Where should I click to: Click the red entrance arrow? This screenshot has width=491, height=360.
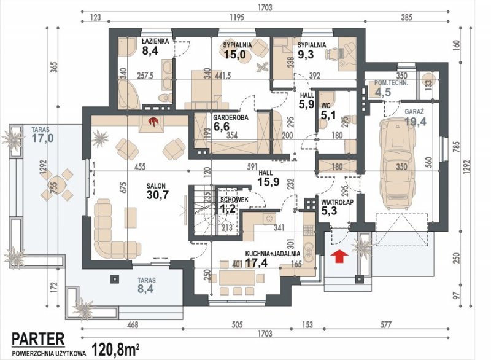click(x=339, y=256)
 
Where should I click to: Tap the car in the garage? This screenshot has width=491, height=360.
click(x=397, y=164)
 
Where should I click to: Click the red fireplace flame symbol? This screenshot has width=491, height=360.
click(x=153, y=121)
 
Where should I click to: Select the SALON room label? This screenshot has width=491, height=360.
click(x=156, y=186)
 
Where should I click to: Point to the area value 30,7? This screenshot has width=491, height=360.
click(x=158, y=195)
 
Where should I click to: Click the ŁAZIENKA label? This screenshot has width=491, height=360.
click(x=155, y=41)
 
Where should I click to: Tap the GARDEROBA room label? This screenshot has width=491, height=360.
click(x=231, y=118)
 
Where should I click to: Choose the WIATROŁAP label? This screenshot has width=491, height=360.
click(x=337, y=202)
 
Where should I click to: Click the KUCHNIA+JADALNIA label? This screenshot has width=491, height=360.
click(x=273, y=254)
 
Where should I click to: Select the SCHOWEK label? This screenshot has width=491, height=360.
click(x=234, y=200)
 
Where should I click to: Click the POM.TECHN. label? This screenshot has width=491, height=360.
click(x=391, y=83)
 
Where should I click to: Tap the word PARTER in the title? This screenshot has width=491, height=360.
click(x=38, y=339)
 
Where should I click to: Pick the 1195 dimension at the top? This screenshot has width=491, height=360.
click(x=237, y=17)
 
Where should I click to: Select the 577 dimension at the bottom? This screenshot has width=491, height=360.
click(x=386, y=324)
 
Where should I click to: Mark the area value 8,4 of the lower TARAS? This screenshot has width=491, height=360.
click(x=146, y=288)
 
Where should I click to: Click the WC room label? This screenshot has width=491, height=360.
click(x=326, y=106)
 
